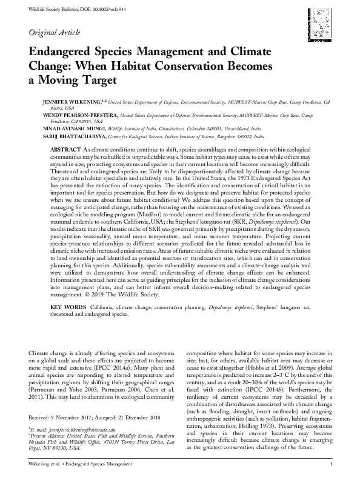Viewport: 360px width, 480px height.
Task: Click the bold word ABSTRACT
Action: tap(64, 148)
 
